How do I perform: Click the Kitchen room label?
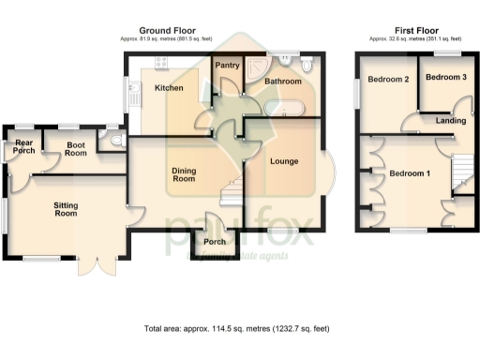169,88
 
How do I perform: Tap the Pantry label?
228,66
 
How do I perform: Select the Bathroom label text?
282,82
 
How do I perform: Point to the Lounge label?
284,161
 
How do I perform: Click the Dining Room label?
184,173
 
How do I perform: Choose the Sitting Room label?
65,208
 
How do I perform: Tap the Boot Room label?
76,148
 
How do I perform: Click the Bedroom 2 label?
388,79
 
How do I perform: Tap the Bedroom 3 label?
445,77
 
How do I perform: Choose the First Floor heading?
415,30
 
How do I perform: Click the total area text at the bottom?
237,329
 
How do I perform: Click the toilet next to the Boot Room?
114,142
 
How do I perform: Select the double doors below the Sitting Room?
95,264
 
